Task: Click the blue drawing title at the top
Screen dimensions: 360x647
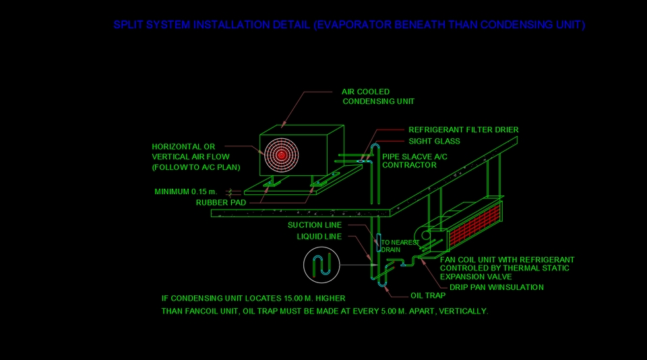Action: coord(349,25)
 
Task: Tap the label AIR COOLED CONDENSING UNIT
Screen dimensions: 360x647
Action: coord(377,96)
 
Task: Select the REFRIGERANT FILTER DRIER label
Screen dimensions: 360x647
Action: coord(463,129)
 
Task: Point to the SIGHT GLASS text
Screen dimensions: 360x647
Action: coord(434,142)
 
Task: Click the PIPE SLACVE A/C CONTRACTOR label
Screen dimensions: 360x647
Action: coord(414,160)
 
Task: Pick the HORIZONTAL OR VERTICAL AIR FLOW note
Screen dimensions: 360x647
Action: coord(195,156)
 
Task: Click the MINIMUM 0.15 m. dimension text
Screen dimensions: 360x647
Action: coord(190,192)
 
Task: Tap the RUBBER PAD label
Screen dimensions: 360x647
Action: coord(220,202)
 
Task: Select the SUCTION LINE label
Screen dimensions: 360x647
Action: coord(315,225)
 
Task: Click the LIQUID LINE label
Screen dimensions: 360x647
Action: coord(319,237)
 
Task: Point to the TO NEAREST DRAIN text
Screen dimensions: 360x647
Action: coord(400,246)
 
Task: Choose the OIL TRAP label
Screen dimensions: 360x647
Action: coord(428,295)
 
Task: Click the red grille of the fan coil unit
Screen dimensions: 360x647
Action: coord(475,225)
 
